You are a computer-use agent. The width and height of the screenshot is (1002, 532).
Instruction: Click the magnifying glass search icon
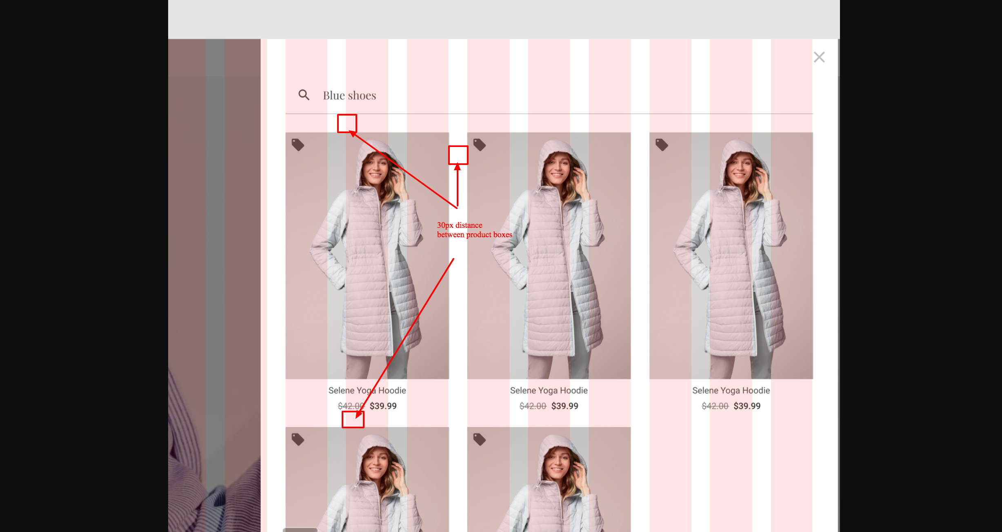tap(304, 95)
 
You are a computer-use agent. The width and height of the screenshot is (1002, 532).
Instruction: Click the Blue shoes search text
tap(349, 96)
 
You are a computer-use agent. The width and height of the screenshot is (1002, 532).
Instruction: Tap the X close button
tap(819, 57)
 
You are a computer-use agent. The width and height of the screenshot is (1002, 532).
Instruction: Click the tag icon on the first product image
tap(298, 145)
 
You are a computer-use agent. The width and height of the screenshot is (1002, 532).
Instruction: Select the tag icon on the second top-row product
tap(480, 145)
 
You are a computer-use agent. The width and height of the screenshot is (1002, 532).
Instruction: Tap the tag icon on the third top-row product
tap(662, 145)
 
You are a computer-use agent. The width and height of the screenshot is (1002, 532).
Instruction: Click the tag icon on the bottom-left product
tap(298, 439)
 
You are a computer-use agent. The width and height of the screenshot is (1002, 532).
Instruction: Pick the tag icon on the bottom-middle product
tap(480, 439)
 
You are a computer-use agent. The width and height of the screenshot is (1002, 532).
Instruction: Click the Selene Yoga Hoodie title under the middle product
tap(549, 391)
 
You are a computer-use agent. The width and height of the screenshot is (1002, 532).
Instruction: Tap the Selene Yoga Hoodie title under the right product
tap(731, 391)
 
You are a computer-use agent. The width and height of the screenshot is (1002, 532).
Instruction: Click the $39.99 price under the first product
tap(383, 406)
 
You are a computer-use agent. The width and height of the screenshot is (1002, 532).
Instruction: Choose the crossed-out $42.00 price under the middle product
tap(533, 406)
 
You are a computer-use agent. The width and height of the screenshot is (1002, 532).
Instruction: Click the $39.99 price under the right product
tap(747, 406)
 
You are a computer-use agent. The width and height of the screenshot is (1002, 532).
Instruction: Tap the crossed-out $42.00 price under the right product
tap(715, 406)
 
